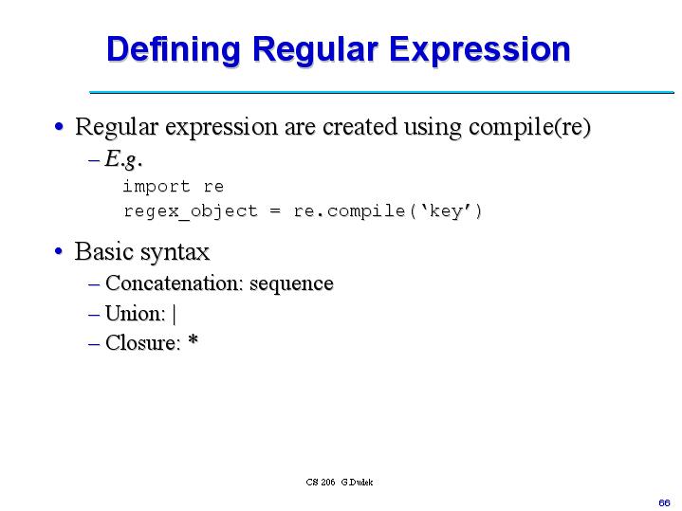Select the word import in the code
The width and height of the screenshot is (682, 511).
[x=157, y=187]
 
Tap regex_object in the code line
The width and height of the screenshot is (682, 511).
[x=190, y=210]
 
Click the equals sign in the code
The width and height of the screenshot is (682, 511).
[x=275, y=210]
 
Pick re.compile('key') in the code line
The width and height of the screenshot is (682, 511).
[x=388, y=210]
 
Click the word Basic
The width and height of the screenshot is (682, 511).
[x=103, y=252]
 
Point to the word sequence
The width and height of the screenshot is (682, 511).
[x=291, y=283]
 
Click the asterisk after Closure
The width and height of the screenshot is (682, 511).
[x=193, y=341]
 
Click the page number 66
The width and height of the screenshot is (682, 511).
[x=664, y=501]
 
